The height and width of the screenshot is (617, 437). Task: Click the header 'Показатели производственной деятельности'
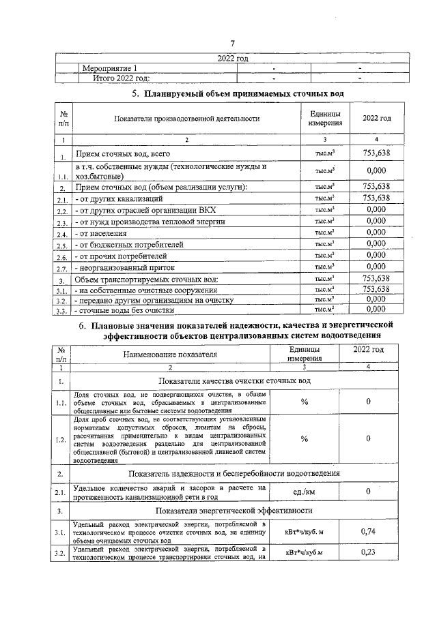pos(187,119)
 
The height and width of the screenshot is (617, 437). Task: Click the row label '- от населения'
pos(102,232)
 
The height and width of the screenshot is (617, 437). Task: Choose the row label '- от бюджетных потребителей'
pos(128,244)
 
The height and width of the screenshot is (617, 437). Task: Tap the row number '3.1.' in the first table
pos(62,289)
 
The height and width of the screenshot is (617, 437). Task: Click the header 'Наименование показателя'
pos(170,354)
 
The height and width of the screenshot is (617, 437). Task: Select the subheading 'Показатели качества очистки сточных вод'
pos(235,380)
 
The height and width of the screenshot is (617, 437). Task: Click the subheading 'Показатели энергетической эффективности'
pos(235,510)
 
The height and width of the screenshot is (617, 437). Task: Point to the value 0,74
pos(368,531)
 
